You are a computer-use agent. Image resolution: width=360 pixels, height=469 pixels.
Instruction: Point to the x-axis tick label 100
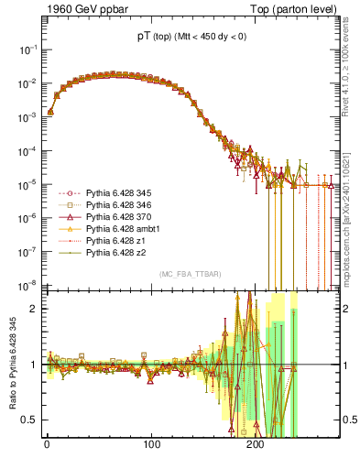(x=152, y=443)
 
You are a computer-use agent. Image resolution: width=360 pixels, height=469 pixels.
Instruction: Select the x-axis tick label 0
(x=47, y=443)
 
